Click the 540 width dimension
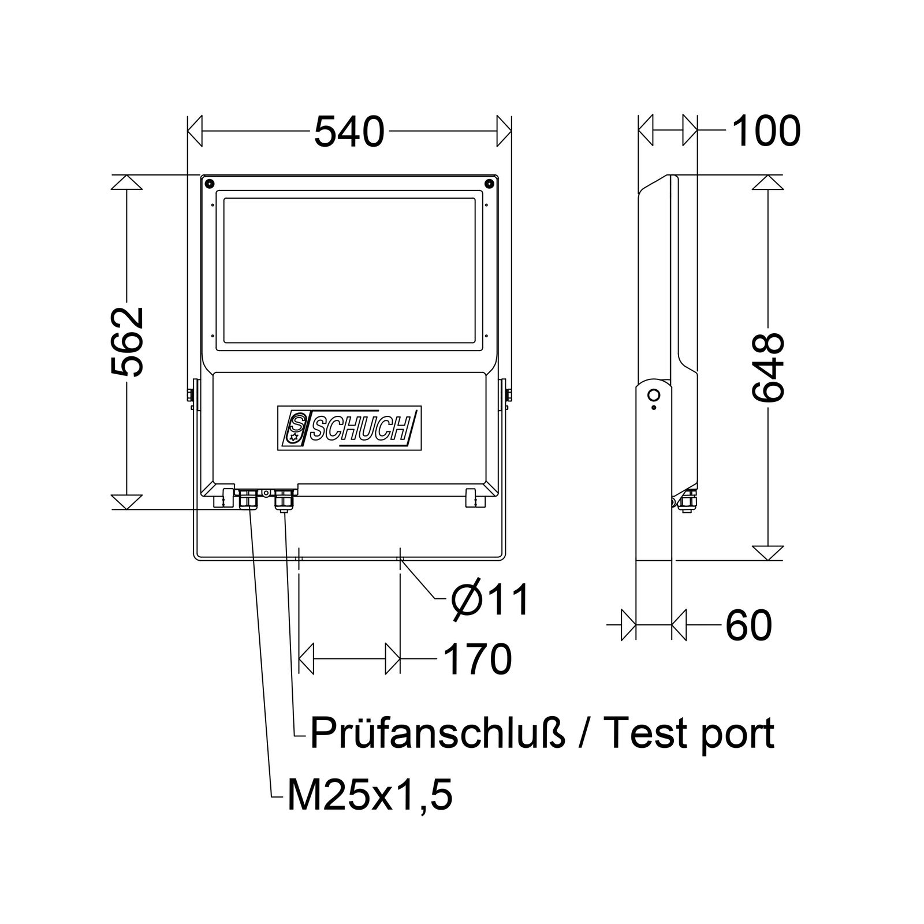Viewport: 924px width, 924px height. (x=349, y=132)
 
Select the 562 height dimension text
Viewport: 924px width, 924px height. (x=127, y=342)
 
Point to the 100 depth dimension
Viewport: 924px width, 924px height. (x=766, y=131)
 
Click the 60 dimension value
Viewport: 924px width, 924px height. (x=748, y=625)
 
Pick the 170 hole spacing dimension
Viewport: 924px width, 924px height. (x=478, y=659)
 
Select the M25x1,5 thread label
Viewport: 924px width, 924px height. (x=370, y=797)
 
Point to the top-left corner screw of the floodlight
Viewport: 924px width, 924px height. (x=208, y=183)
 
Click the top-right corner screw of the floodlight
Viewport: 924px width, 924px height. (x=489, y=183)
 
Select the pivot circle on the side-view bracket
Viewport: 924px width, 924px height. (x=654, y=396)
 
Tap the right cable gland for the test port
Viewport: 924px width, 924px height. (x=283, y=499)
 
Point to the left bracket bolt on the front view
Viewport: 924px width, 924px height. (x=190, y=395)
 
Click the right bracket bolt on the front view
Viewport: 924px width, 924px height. (x=508, y=395)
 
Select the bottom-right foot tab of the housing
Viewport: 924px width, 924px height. (x=473, y=497)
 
